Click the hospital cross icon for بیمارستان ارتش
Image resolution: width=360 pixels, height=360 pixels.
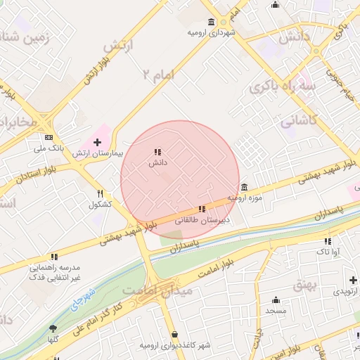click(x=97, y=142)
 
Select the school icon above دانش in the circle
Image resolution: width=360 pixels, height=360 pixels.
click(x=157, y=152)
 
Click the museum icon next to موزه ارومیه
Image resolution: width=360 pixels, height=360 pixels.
click(x=243, y=187)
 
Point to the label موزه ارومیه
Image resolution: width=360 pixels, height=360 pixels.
click(x=247, y=198)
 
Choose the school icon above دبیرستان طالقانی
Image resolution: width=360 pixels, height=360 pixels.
click(x=202, y=209)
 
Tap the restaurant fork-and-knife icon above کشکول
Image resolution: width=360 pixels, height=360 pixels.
click(x=101, y=193)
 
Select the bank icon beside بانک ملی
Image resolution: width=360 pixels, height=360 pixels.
click(x=49, y=138)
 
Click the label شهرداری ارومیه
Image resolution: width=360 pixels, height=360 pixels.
click(x=212, y=32)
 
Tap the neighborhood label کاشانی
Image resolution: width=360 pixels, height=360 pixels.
click(x=300, y=121)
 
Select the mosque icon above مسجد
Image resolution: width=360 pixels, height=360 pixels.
click(x=275, y=299)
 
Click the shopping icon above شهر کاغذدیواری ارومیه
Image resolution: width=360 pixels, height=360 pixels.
click(x=174, y=335)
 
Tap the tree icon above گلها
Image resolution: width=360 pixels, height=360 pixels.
click(x=53, y=328)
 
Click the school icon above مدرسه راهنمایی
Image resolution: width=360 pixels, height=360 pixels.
click(x=54, y=257)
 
